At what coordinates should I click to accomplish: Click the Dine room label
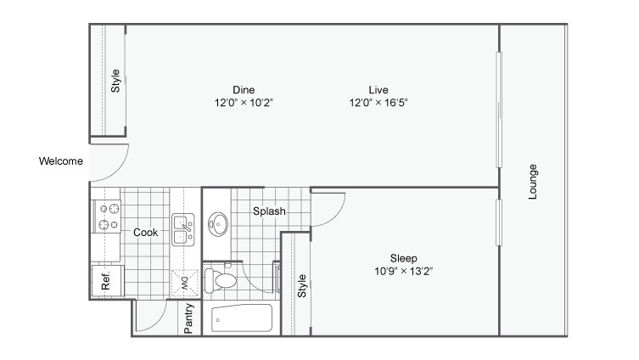[x=244, y=89]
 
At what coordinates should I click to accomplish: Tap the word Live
[x=378, y=89]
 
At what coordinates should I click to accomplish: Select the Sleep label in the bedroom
[x=403, y=258]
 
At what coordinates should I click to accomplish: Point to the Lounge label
[x=533, y=182]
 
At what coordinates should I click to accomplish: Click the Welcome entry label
[x=60, y=161]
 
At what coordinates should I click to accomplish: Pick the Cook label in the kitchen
[x=145, y=232]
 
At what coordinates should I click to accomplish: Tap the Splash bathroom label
[x=269, y=211]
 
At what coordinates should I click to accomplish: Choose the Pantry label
[x=189, y=318]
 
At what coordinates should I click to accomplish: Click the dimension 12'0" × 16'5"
[x=378, y=102]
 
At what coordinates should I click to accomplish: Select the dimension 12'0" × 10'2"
[x=244, y=102]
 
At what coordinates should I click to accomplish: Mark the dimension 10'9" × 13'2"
[x=403, y=272]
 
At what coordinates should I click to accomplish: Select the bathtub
[x=242, y=319]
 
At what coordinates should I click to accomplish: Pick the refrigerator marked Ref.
[x=107, y=281]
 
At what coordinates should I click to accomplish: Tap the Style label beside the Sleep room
[x=301, y=284]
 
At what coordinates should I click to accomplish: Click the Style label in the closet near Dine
[x=115, y=82]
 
